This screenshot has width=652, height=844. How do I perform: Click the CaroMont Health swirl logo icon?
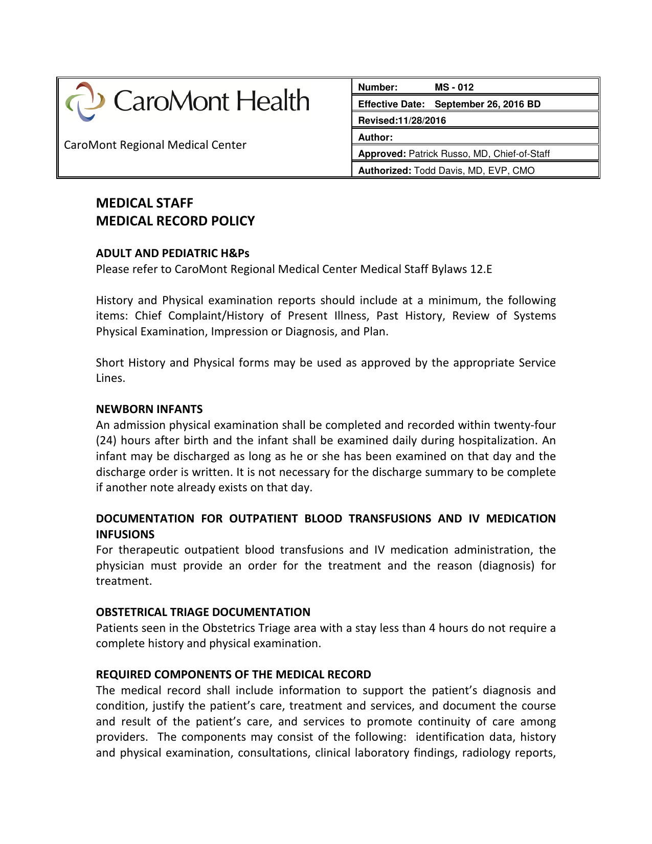[x=85, y=101]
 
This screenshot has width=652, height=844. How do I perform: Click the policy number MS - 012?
[x=454, y=87]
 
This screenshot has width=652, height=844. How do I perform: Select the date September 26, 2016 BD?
[x=487, y=104]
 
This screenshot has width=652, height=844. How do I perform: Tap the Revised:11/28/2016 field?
[x=402, y=121]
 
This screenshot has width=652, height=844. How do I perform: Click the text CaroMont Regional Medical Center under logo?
[x=155, y=145]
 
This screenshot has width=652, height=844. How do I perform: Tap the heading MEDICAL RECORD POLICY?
[x=175, y=221]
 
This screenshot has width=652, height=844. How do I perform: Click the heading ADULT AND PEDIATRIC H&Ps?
[x=172, y=253]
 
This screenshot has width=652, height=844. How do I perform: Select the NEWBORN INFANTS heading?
[x=149, y=409]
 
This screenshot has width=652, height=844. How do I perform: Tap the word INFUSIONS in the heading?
[x=125, y=534]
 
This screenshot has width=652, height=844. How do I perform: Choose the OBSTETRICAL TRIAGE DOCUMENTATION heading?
[x=203, y=612]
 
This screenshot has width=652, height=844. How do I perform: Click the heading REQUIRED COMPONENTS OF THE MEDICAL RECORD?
[x=233, y=674]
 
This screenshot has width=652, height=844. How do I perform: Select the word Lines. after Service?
[x=110, y=378]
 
